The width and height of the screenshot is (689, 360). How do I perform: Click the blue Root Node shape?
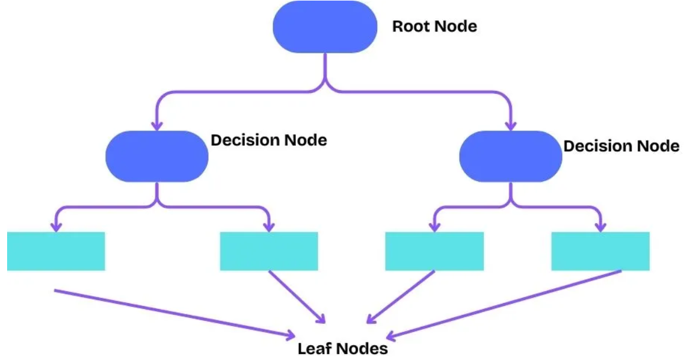point(325,27)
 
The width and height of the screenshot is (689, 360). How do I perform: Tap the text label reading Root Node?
point(434,27)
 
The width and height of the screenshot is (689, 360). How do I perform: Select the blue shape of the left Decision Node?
point(157,156)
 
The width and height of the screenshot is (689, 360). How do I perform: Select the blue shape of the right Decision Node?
point(511,156)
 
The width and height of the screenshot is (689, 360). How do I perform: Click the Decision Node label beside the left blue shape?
point(269,141)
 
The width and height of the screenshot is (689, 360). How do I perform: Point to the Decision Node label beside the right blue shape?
point(621,146)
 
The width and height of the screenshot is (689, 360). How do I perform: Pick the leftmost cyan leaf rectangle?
point(56,251)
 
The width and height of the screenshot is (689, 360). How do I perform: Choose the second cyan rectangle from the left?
point(269,251)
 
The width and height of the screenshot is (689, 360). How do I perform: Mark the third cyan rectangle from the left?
point(434,251)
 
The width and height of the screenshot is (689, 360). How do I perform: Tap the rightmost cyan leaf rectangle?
point(600,251)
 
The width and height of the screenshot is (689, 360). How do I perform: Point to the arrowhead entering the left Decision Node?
point(157,125)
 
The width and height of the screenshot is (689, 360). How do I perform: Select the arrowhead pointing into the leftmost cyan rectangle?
point(56,226)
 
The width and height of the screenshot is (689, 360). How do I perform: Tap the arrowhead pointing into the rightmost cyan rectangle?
point(600,226)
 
